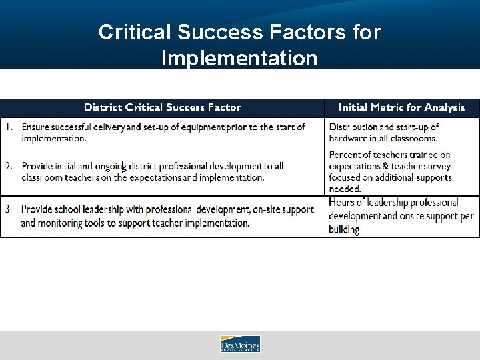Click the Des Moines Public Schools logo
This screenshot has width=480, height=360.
point(240,344)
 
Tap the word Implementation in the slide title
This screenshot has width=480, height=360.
point(239,58)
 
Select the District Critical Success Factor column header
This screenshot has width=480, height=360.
point(163,107)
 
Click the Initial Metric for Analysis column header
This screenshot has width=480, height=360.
point(401,107)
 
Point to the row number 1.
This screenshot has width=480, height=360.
point(9,127)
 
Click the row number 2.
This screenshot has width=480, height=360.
point(9,166)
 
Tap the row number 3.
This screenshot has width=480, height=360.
point(9,209)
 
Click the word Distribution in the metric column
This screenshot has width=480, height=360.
point(355,127)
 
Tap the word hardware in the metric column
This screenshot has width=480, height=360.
point(350,138)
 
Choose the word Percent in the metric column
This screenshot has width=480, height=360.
point(346,155)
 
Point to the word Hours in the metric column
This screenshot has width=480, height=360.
point(342,202)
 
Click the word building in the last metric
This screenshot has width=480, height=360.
point(344,229)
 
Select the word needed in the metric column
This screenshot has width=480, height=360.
point(345,189)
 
